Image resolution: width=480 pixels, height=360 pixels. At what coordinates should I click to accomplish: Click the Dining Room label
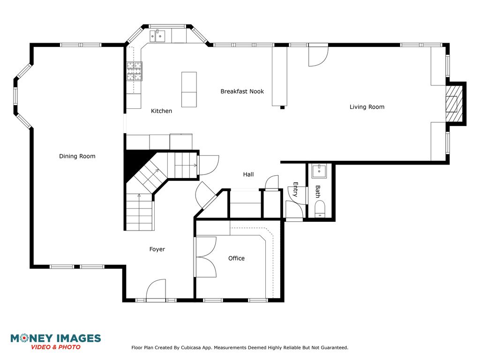77,156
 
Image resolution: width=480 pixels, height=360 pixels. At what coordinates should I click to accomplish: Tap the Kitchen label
161,111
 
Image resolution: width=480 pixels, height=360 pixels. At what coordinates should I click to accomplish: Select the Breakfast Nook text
242,91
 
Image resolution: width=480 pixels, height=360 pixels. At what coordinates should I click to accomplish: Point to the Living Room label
367,107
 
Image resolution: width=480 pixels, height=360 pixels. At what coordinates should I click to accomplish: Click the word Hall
248,174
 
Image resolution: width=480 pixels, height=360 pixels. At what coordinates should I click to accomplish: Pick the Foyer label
157,249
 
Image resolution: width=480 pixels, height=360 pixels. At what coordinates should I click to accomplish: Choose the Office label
236,258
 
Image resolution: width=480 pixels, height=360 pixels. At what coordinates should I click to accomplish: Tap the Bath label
318,192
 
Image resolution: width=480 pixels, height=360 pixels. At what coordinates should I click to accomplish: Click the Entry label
295,189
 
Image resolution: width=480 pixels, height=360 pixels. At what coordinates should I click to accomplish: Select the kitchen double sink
157,36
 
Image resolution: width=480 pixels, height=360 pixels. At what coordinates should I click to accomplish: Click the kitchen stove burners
135,71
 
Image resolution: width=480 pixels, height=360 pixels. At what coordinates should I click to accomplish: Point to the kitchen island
189,90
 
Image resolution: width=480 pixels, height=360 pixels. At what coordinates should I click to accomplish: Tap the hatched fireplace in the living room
454,104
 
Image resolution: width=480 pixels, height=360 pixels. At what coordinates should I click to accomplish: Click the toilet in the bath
320,209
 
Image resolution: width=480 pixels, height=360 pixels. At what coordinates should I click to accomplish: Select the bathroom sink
319,171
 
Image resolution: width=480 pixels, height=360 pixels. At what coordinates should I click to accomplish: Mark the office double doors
206,257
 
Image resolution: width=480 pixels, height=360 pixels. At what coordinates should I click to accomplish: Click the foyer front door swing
156,289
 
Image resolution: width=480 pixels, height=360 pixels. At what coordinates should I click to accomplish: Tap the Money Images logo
56,342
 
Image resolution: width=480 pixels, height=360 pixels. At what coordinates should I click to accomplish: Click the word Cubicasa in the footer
191,347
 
